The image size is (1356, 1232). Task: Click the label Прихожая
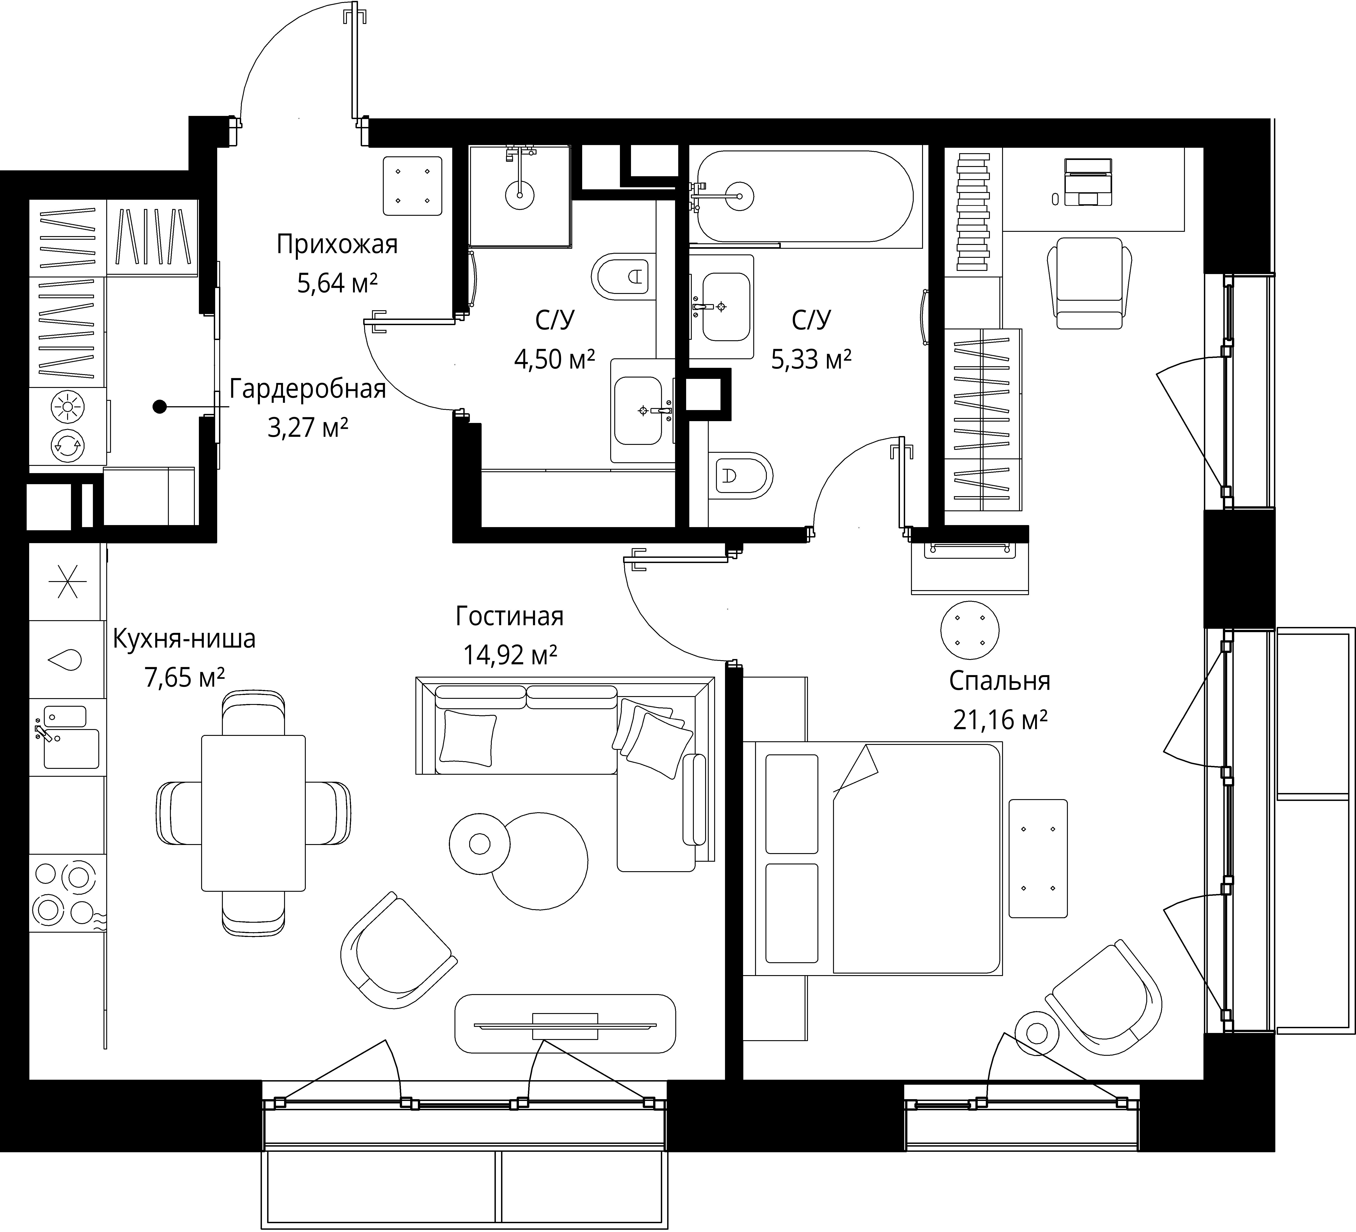point(337,245)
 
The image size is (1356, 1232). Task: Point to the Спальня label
point(1000,681)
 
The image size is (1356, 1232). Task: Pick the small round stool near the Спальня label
point(969,630)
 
